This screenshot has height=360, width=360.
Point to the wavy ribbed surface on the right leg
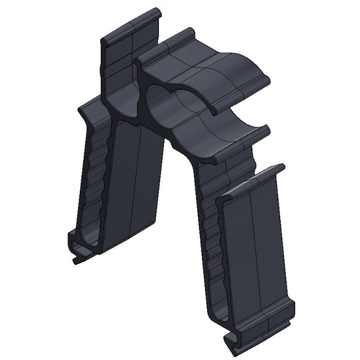click(x=210, y=244)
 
